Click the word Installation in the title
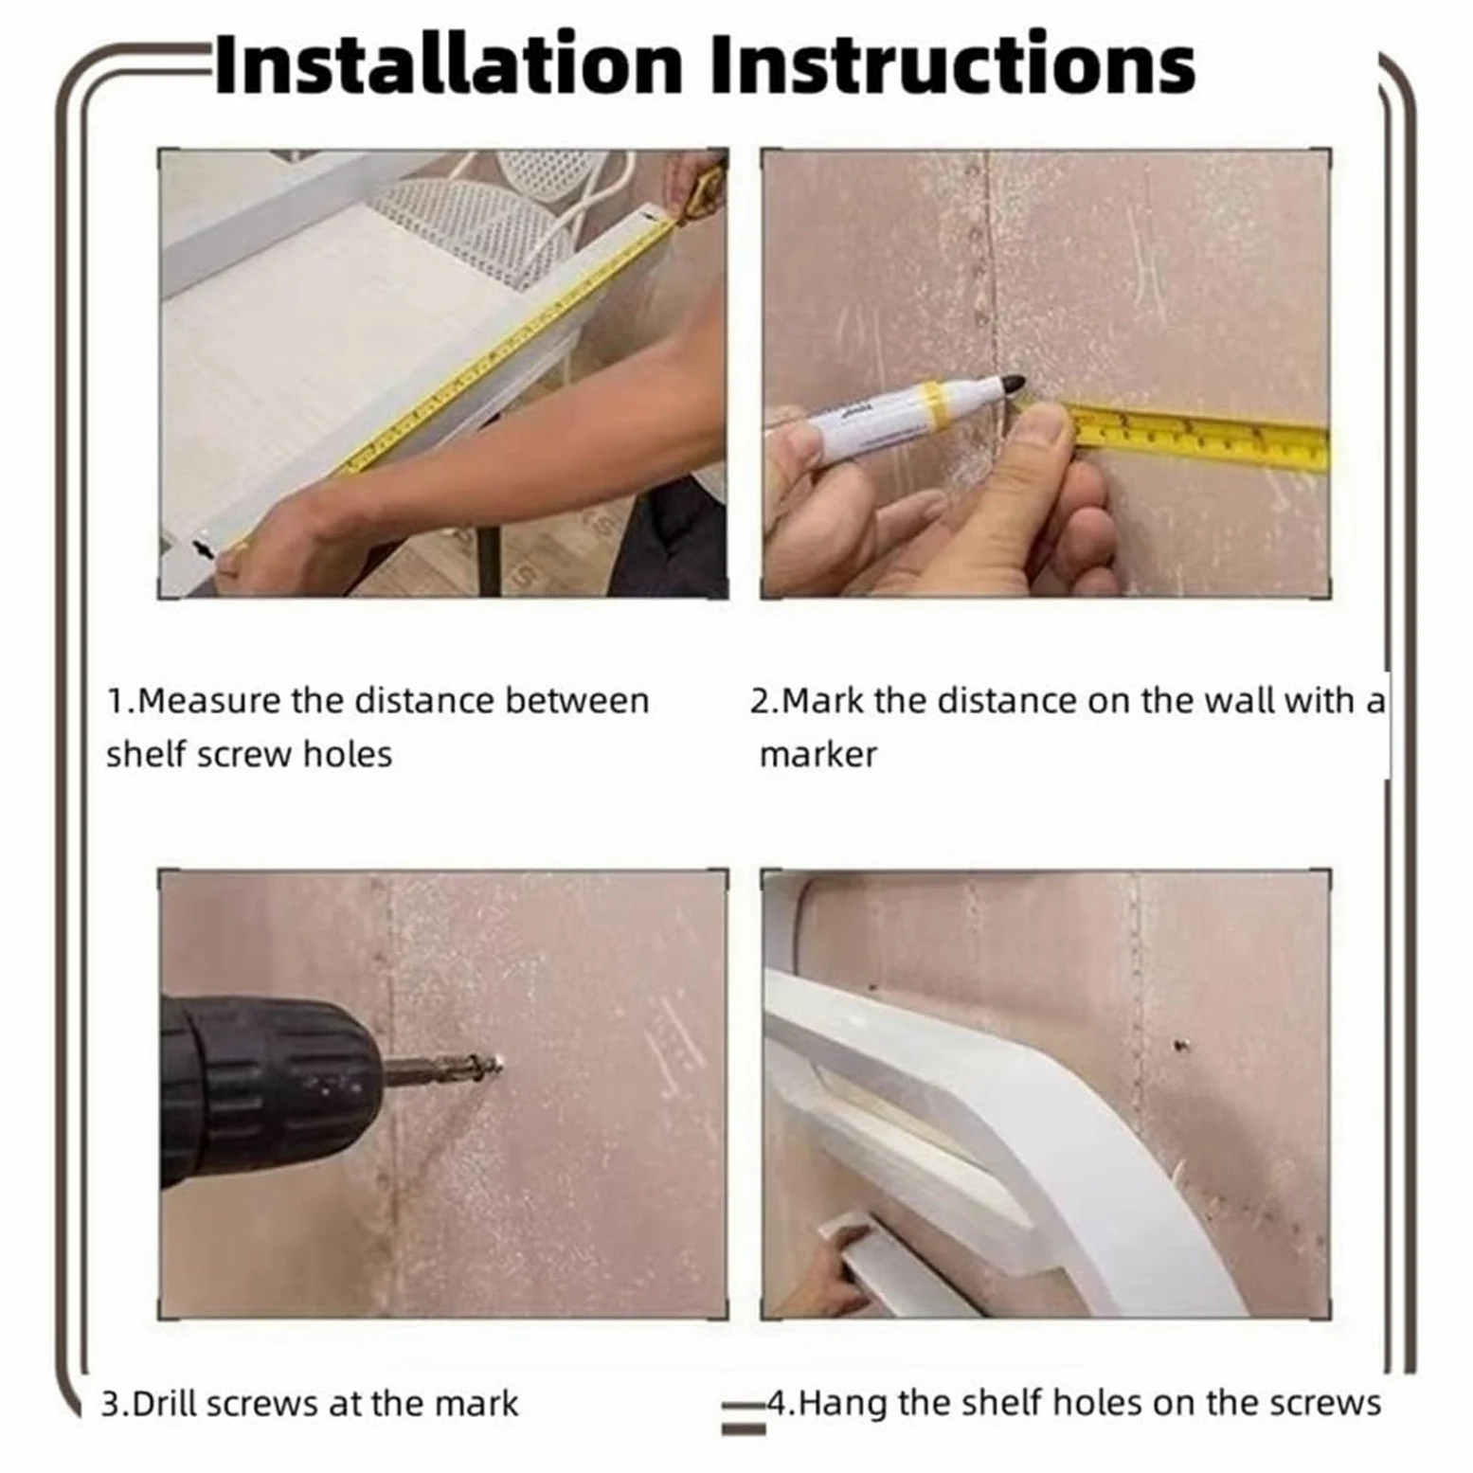(x=449, y=64)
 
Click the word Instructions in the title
(x=953, y=64)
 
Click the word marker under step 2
(x=818, y=755)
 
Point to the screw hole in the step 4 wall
(x=1180, y=1046)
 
